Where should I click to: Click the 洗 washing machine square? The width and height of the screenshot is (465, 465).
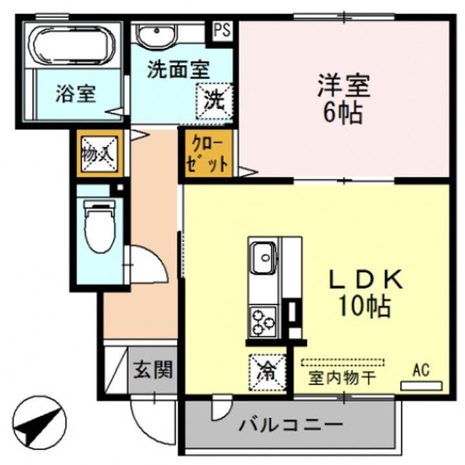pyautogui.click(x=214, y=101)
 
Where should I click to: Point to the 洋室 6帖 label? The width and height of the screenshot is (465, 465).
pyautogui.click(x=343, y=99)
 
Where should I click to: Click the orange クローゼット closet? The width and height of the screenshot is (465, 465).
pyautogui.click(x=207, y=153)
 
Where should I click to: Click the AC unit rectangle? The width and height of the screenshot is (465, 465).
pyautogui.click(x=421, y=386)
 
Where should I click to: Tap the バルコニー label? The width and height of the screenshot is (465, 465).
pyautogui.click(x=290, y=426)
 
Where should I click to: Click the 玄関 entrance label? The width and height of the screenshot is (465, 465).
pyautogui.click(x=153, y=371)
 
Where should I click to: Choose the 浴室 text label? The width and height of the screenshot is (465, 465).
pyautogui.click(x=76, y=95)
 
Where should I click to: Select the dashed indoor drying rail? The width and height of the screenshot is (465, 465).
pyautogui.click(x=342, y=363)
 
